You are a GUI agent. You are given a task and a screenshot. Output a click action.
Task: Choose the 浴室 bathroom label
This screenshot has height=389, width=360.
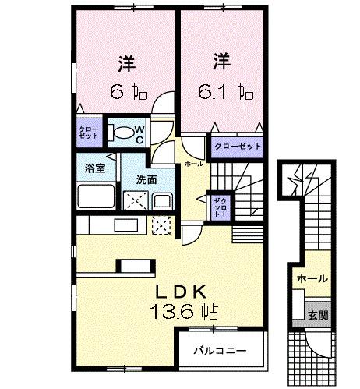(x=94, y=167)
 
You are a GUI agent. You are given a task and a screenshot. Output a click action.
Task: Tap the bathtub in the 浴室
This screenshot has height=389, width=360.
(x=97, y=198)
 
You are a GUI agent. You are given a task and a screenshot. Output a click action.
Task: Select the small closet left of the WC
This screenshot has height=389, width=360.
(x=87, y=130)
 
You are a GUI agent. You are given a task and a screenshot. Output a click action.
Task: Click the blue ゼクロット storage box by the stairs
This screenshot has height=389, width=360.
(x=217, y=207)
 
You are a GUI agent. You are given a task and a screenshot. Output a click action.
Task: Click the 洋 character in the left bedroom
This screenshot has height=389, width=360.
(x=127, y=61)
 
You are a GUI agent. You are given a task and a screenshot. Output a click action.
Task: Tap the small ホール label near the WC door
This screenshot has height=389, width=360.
(x=194, y=164)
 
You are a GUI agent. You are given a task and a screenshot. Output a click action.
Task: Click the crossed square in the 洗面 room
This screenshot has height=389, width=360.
(x=135, y=200)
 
